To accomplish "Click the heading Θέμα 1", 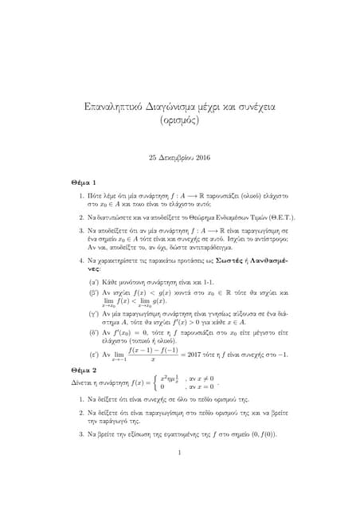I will [84, 182].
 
